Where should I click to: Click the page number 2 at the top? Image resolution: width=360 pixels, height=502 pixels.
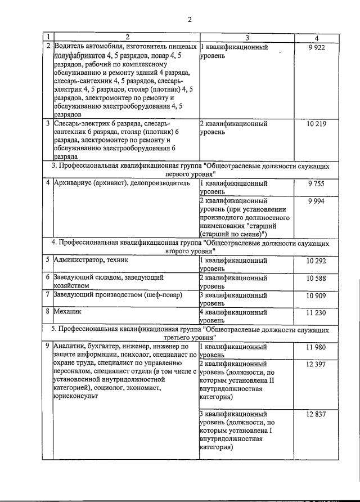[190, 20]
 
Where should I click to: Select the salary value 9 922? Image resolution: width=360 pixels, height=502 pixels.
[317, 48]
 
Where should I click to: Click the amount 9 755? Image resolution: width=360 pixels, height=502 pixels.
[317, 183]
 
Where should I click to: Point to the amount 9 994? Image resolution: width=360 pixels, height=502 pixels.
[317, 201]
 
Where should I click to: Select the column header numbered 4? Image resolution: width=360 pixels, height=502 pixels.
[317, 38]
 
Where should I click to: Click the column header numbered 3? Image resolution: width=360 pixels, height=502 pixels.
[246, 38]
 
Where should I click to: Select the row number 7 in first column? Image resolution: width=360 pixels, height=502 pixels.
[48, 295]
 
